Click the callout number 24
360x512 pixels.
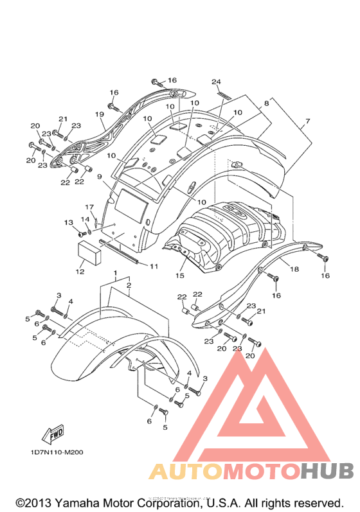tap(216, 82)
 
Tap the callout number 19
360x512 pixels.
tap(100, 114)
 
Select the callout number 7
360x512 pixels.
tap(307, 121)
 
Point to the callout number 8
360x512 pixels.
tap(267, 103)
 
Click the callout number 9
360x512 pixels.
tap(99, 177)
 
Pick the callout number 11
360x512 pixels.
tap(154, 267)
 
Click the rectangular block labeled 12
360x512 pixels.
tap(89, 252)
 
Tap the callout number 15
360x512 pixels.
tap(179, 276)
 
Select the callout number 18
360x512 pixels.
tap(294, 269)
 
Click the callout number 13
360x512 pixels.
tap(69, 223)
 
